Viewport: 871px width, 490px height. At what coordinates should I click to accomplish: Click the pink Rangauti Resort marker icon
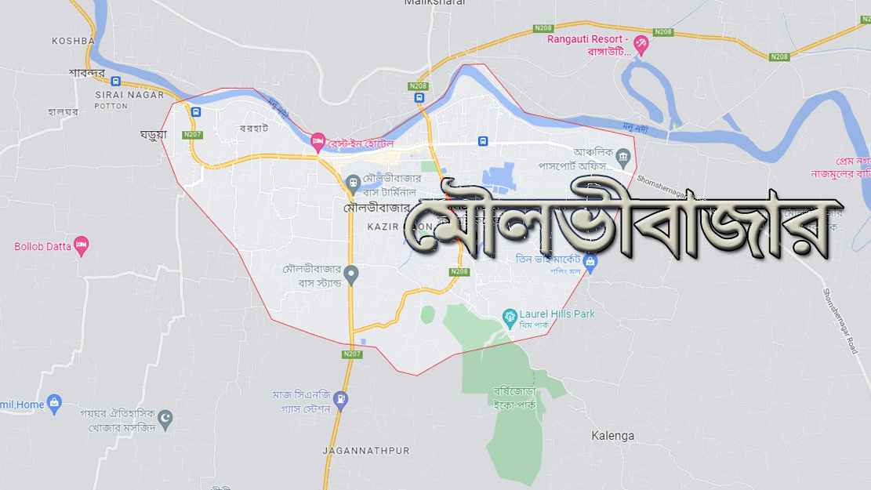tap(641, 45)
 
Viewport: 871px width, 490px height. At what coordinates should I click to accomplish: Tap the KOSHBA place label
tap(73, 41)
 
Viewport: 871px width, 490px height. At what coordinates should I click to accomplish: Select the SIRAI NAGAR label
tap(129, 95)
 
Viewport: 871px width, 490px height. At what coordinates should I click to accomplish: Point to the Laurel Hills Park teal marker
tap(509, 315)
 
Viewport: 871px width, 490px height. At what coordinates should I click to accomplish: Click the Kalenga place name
tap(613, 435)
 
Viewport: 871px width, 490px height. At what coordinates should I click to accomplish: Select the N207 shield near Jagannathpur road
tap(352, 354)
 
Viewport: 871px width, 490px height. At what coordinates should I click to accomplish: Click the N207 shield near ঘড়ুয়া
tap(193, 135)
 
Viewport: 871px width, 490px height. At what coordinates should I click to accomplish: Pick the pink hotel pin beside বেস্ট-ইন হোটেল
tap(318, 142)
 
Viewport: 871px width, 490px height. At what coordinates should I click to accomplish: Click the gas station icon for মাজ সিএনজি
tap(340, 400)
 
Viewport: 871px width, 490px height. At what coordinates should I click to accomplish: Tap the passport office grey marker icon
tap(623, 157)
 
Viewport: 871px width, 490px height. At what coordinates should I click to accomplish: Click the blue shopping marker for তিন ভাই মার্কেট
tap(590, 260)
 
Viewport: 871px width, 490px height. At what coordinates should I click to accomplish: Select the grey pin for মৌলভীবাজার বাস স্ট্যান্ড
tap(351, 274)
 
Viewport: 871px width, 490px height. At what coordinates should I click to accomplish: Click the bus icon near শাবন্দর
tap(115, 81)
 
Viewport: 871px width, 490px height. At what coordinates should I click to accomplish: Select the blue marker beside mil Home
tap(54, 405)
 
